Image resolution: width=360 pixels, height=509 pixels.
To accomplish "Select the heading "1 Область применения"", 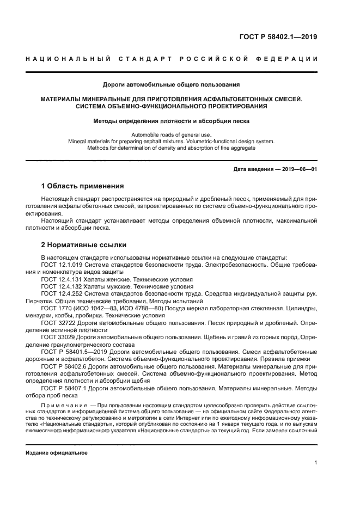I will [x=83, y=186].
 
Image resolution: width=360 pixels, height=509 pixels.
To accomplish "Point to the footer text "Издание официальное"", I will [x=57, y=452].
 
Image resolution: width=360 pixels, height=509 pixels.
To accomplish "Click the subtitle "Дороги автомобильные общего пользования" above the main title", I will [x=172, y=84].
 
